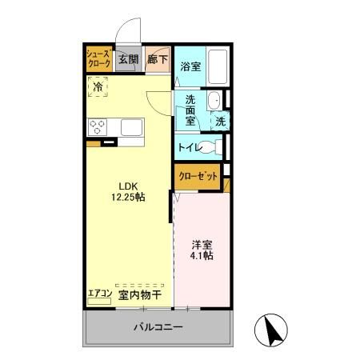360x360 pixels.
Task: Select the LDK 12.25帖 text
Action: pyautogui.click(x=127, y=192)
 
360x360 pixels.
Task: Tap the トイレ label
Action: pyautogui.click(x=188, y=147)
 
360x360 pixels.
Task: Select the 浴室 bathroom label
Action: pyautogui.click(x=190, y=66)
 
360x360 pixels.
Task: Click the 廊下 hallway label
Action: pyautogui.click(x=157, y=58)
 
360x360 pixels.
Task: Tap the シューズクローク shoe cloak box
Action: pyautogui.click(x=100, y=58)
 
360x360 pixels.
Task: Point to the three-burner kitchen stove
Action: pyautogui.click(x=98, y=126)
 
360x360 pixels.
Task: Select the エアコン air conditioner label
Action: pyautogui.click(x=100, y=293)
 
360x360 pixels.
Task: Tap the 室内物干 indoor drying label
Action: pyautogui.click(x=140, y=294)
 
